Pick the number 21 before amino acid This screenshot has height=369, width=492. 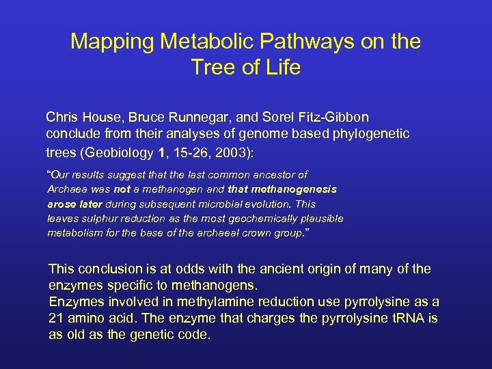pyautogui.click(x=56, y=318)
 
